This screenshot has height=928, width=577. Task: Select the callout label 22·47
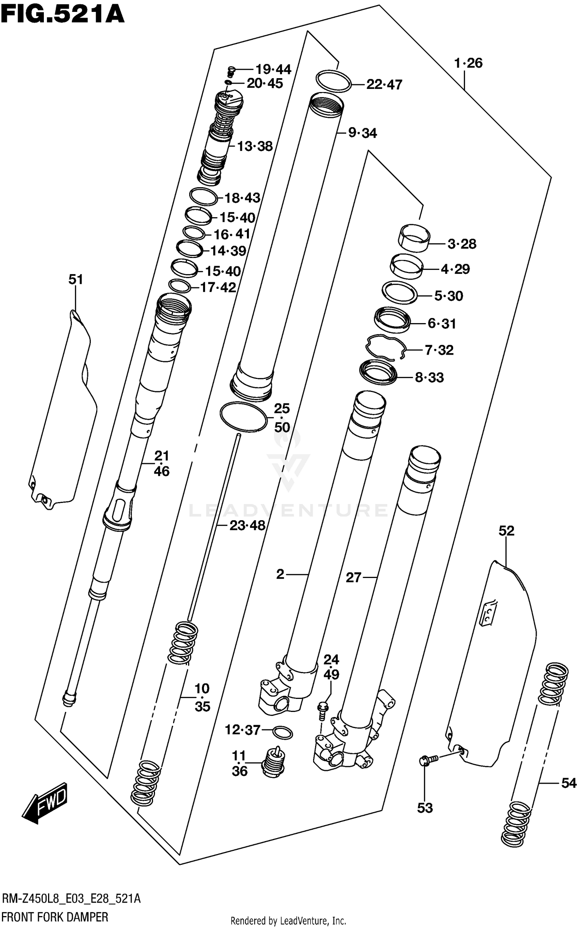tap(384, 84)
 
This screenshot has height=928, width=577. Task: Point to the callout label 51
tap(76, 279)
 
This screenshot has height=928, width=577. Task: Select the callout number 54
tap(568, 783)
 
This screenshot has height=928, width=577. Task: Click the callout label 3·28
tap(462, 244)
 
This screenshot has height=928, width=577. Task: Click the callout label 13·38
tap(255, 146)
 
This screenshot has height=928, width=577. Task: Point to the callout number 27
tap(354, 578)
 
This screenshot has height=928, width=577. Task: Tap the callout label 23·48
tap(247, 525)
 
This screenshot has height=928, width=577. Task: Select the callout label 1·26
tap(468, 63)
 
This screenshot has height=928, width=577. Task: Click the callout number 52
tap(506, 531)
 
